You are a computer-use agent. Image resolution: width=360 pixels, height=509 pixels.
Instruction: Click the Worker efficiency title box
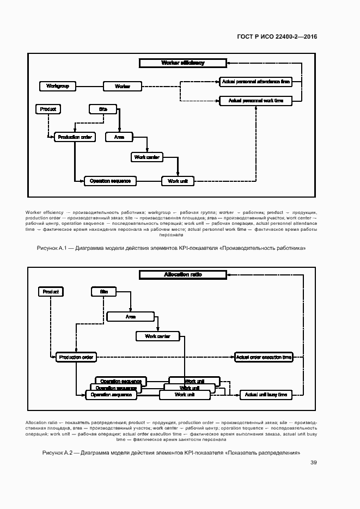pyautogui.click(x=183, y=63)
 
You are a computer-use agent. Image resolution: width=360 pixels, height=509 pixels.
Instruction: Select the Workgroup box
pyautogui.click(x=57, y=86)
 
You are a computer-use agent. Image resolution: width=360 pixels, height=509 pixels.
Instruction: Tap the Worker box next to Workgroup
pyautogui.click(x=123, y=86)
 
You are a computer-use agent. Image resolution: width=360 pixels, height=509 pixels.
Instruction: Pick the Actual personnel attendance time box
pyautogui.click(x=255, y=82)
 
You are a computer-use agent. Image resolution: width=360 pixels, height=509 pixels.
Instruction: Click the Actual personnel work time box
pyautogui.click(x=255, y=101)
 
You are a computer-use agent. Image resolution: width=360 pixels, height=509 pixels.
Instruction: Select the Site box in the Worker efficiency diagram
pyautogui.click(x=103, y=109)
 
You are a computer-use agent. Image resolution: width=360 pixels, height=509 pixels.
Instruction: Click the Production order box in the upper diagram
pyautogui.click(x=75, y=137)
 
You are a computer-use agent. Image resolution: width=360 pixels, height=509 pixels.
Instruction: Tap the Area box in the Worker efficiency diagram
pyautogui.click(x=119, y=137)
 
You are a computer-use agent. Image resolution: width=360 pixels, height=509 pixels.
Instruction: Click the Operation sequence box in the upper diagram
pyautogui.click(x=110, y=181)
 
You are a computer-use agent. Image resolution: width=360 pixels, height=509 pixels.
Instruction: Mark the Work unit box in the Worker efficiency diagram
pyautogui.click(x=178, y=181)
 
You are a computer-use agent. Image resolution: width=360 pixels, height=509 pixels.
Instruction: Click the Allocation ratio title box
pyautogui.click(x=183, y=275)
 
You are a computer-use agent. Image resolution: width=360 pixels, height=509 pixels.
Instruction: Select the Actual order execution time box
pyautogui.click(x=264, y=357)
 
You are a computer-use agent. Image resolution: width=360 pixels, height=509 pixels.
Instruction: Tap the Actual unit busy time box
pyautogui.click(x=266, y=395)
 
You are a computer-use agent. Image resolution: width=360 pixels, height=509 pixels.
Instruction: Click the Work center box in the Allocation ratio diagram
pyautogui.click(x=157, y=336)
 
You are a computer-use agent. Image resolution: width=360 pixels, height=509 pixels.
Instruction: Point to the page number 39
pyautogui.click(x=314, y=463)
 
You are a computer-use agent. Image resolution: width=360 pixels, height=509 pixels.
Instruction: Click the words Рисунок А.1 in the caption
pyautogui.click(x=52, y=248)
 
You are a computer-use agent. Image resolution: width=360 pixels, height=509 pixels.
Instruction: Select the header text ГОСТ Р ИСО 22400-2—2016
pyautogui.click(x=277, y=37)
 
